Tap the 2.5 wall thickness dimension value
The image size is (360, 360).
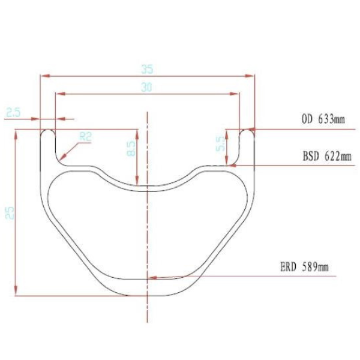14,112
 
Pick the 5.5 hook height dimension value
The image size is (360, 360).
220,143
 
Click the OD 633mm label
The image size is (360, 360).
323,119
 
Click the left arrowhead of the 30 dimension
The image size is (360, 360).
58,94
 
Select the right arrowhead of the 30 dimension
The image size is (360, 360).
236,94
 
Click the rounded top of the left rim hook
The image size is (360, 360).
47,130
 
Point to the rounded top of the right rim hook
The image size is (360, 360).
247,130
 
